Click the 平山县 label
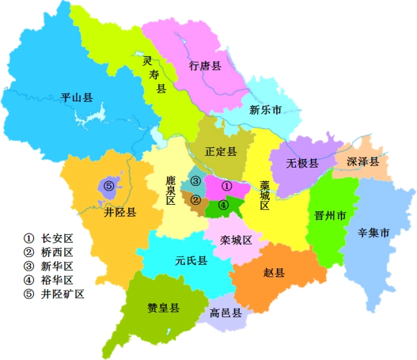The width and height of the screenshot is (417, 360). pyautogui.click(x=77, y=98)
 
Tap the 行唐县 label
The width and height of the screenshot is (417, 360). pyautogui.click(x=206, y=66)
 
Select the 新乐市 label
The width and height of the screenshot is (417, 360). pyautogui.click(x=266, y=110)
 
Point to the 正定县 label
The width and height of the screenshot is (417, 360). pyautogui.click(x=221, y=151)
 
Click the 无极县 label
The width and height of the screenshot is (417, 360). pyautogui.click(x=303, y=163)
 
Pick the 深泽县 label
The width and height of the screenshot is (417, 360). pyautogui.click(x=363, y=161)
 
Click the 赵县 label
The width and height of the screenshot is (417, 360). pyautogui.click(x=274, y=273)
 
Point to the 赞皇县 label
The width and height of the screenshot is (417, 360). pyautogui.click(x=164, y=308)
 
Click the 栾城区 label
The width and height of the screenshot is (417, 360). pyautogui.click(x=236, y=239)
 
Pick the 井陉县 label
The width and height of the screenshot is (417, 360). pyautogui.click(x=120, y=213)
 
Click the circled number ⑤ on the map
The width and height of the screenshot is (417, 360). pyautogui.click(x=109, y=187)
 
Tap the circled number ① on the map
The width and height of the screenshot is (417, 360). pyautogui.click(x=227, y=186)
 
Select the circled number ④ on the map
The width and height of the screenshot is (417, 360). pyautogui.click(x=223, y=204)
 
